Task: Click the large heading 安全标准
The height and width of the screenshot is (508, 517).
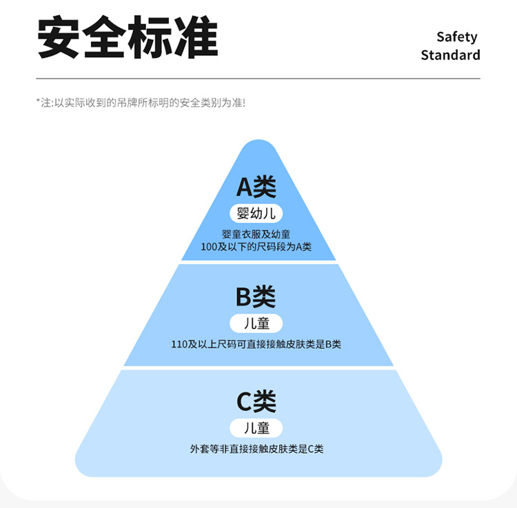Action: [128, 38]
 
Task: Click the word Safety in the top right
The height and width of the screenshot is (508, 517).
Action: [456, 37]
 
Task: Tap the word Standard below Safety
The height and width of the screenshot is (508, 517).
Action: [450, 55]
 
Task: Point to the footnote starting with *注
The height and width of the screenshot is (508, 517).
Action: [141, 103]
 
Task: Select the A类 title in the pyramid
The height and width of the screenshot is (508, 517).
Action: [256, 186]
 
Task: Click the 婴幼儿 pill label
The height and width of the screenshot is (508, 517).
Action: [256, 213]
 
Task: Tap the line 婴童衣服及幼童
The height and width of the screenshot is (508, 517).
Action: [256, 234]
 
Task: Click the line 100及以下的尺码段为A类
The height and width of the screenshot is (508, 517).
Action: [256, 247]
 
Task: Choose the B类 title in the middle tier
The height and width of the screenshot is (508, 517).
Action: [256, 297]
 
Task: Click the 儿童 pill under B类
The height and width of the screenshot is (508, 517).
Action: [256, 323]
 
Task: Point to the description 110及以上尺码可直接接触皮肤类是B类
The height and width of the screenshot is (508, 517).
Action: [256, 344]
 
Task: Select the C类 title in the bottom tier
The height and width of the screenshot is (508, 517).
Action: [256, 401]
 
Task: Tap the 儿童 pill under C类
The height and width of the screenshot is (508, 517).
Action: [256, 427]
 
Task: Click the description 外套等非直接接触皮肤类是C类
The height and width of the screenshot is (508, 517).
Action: [256, 449]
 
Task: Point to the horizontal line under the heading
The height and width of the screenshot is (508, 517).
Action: [258, 79]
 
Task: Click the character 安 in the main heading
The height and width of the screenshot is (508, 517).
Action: [59, 38]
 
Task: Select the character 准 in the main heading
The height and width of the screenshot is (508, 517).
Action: [196, 38]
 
